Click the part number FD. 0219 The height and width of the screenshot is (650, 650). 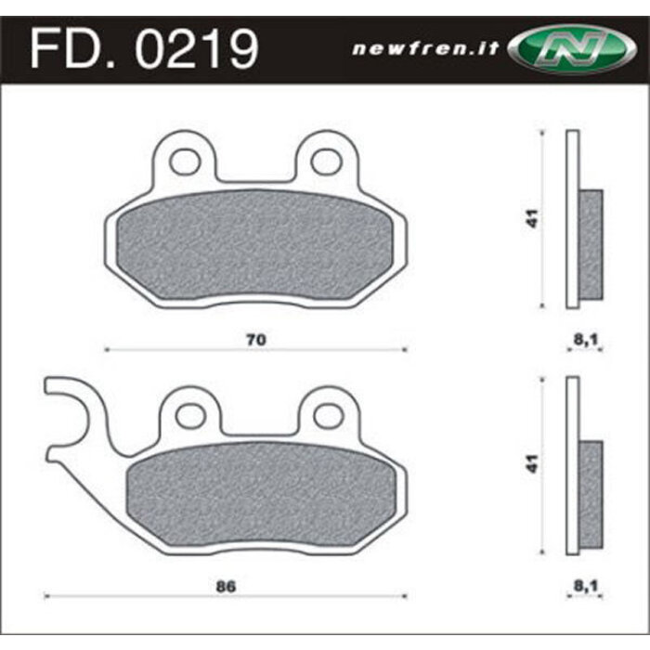144,48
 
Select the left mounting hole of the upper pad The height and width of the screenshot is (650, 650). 186,162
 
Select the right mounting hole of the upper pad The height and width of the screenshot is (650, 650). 326,162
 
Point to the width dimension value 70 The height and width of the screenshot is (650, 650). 257,340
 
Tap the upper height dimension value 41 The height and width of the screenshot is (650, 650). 530,219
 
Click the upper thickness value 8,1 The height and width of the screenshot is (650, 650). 583,340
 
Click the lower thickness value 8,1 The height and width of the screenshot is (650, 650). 583,587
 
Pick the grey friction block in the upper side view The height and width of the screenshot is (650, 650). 591,244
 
